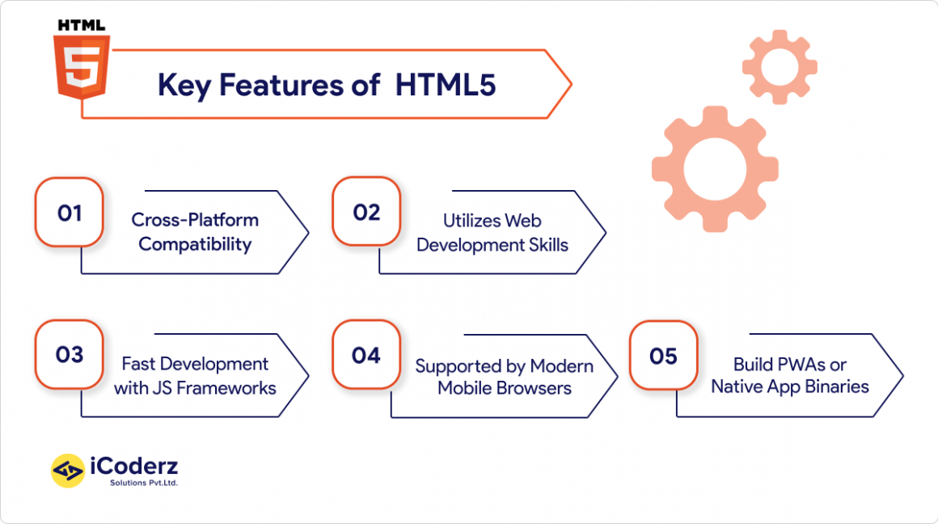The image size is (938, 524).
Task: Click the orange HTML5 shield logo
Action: tap(82, 66)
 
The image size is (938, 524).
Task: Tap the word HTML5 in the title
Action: tap(445, 84)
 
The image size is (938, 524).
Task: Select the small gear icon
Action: tap(780, 67)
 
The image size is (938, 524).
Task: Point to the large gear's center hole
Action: tap(715, 169)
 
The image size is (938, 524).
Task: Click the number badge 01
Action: tap(70, 213)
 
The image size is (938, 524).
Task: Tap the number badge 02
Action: tap(366, 212)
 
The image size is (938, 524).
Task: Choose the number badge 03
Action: tap(70, 355)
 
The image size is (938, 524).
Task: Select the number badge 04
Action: tap(366, 355)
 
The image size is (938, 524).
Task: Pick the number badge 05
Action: tap(663, 356)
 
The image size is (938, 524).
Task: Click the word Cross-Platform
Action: tap(195, 219)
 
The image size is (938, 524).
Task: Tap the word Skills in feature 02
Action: tap(548, 245)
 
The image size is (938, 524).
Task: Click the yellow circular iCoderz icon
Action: tap(68, 471)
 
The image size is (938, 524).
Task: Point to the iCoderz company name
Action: tap(134, 466)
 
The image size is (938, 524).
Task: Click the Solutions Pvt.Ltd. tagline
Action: tap(144, 483)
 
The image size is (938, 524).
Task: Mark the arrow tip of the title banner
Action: tap(572, 84)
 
